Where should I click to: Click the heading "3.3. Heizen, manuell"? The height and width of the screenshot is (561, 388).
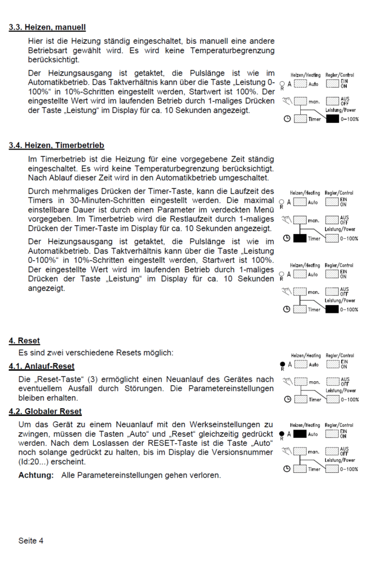[x=47, y=27]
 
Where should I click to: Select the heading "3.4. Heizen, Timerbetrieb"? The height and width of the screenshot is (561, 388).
[x=57, y=146]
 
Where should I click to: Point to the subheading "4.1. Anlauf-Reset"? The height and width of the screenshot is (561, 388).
[x=42, y=366]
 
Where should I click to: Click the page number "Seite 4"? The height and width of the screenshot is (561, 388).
[x=31, y=541]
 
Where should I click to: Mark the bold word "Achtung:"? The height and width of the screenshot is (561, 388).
[x=36, y=475]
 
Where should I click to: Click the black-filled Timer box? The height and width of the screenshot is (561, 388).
[x=300, y=238]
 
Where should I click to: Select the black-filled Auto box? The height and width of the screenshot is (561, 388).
[x=300, y=434]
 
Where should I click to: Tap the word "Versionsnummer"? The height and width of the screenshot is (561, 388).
[x=246, y=452]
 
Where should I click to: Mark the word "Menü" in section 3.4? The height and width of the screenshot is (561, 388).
[x=263, y=209]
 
